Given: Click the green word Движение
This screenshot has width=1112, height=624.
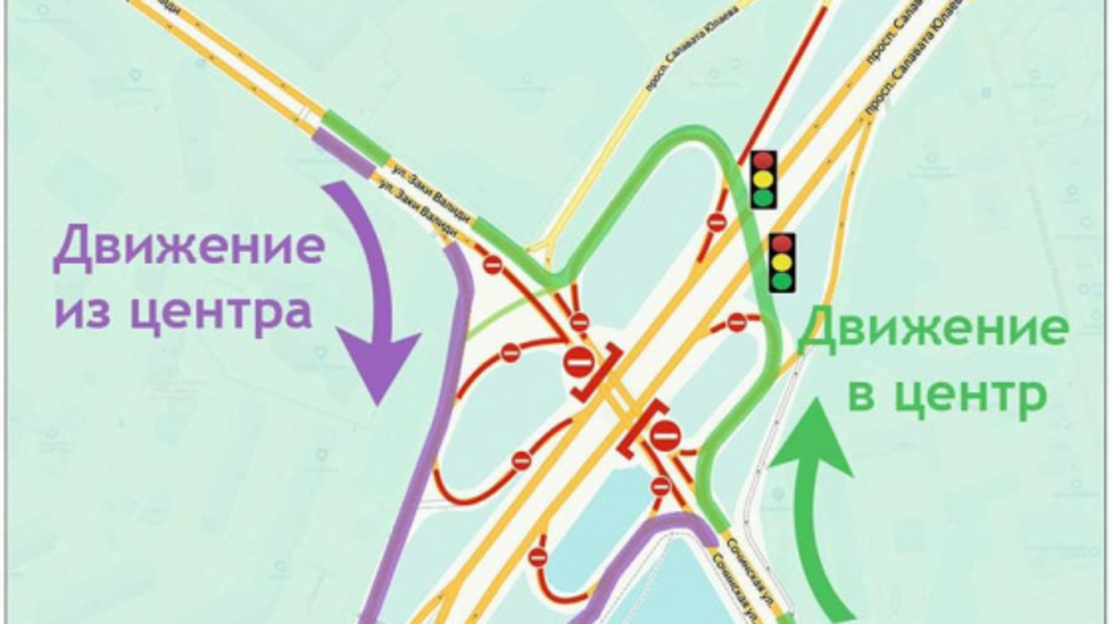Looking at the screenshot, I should click(x=933, y=329).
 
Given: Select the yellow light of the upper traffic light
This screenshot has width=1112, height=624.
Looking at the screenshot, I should click(x=762, y=179).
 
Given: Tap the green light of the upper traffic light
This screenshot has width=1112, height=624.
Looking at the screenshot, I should click(x=762, y=197).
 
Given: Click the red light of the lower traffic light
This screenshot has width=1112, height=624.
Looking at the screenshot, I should click(x=783, y=243).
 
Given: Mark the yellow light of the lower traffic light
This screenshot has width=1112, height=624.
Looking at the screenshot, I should click(x=783, y=262).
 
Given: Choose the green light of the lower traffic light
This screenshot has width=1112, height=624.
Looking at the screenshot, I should click(x=783, y=281).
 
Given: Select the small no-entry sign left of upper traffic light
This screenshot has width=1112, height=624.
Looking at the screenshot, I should click(x=717, y=222).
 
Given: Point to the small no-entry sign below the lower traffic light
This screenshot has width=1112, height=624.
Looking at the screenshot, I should click(x=737, y=322).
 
